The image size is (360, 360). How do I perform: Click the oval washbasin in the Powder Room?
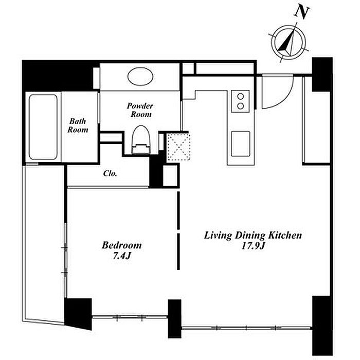pyautogui.click(x=140, y=77)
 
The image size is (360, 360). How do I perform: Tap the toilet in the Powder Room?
pyautogui.click(x=141, y=139)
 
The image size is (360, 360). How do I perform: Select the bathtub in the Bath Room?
pyautogui.click(x=43, y=127)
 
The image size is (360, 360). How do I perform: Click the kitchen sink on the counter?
pyautogui.click(x=240, y=143)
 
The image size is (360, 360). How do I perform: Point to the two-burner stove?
pyautogui.click(x=240, y=101)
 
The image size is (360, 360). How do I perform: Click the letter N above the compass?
pyautogui.click(x=302, y=12)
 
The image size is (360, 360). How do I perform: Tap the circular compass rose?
pyautogui.click(x=289, y=43)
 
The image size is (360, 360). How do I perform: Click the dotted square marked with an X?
pyautogui.click(x=178, y=147)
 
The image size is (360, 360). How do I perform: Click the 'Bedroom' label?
pyautogui.click(x=122, y=245)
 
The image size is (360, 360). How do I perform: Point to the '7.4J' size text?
pyautogui.click(x=122, y=256)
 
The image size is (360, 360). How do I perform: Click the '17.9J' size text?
pyautogui.click(x=253, y=246)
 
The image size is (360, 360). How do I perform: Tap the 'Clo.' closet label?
pyautogui.click(x=110, y=173)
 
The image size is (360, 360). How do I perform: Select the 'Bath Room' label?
pyautogui.click(x=78, y=125)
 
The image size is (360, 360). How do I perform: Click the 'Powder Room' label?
pyautogui.click(x=140, y=110)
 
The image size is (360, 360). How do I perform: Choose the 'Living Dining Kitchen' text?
pyautogui.click(x=253, y=236)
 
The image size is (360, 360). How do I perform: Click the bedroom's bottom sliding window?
pyautogui.click(x=130, y=317)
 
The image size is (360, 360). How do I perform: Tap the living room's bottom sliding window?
pyautogui.click(x=247, y=328)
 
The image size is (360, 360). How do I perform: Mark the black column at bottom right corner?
pyautogui.click(x=322, y=326)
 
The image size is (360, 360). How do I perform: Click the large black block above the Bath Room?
pyautogui.click(x=58, y=76)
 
